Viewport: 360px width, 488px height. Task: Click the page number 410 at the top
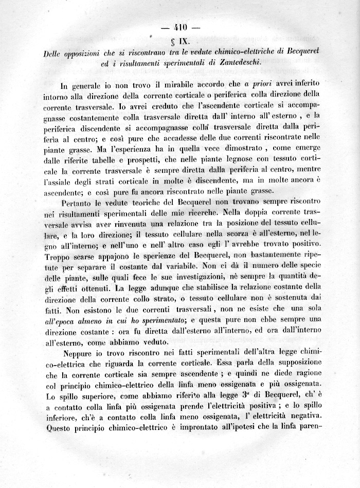point(180,29)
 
